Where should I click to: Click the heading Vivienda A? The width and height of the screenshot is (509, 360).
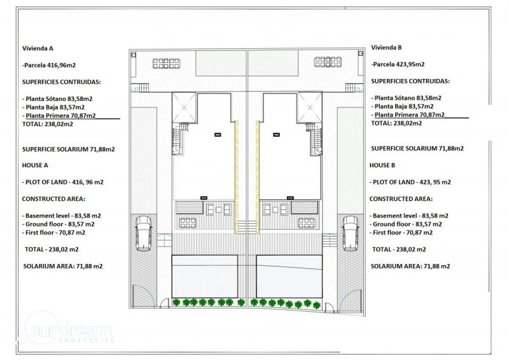click(38, 48)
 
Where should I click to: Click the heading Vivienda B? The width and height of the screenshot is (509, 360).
click(386, 48)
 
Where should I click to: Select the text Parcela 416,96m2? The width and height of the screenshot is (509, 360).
click(50, 66)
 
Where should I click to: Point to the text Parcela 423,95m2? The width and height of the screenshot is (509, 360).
click(399, 64)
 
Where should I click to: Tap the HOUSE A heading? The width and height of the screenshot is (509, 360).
click(35, 165)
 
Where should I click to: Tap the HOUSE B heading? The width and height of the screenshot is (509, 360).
click(382, 165)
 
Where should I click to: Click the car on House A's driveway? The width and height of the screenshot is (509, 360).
click(143, 233)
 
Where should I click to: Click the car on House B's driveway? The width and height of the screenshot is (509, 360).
click(351, 233)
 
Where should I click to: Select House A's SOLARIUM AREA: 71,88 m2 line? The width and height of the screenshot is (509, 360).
click(63, 267)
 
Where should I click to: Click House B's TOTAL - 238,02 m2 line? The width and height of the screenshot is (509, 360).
click(399, 249)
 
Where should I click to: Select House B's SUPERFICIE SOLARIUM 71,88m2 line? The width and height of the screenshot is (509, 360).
click(417, 148)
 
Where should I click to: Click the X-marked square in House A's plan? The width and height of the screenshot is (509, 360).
click(184, 107)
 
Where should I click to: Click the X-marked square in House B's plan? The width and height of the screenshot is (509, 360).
click(310, 107)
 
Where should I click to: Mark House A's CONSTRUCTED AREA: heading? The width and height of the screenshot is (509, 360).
click(53, 198)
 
